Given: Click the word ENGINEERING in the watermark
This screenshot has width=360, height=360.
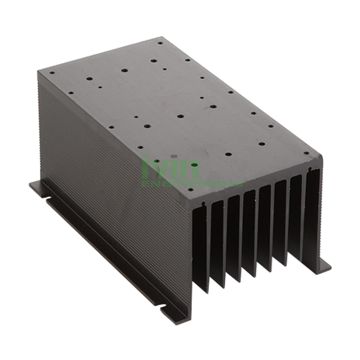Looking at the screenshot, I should [192, 184].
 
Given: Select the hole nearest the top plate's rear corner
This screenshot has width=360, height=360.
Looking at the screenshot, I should [160, 44].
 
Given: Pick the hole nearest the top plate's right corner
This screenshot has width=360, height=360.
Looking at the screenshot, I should [306, 153].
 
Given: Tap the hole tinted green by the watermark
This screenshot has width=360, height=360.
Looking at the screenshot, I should [194, 165].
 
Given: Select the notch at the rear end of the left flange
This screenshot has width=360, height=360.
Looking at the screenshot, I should [46, 196].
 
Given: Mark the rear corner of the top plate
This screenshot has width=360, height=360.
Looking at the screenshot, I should [160, 38].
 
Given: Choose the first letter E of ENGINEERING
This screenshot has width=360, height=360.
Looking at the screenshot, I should [145, 184].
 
